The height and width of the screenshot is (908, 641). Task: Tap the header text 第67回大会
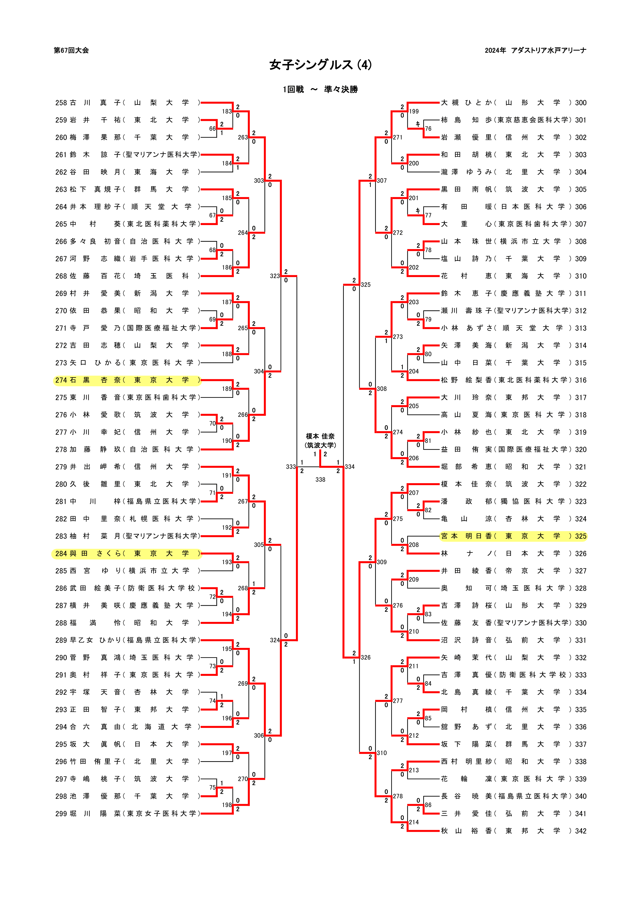coord(71,50)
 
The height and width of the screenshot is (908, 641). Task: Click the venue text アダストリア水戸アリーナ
coord(548,50)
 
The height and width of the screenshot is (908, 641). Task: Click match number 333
coord(291,467)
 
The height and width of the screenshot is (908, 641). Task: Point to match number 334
coord(350,467)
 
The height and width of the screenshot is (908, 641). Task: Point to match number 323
coord(275,276)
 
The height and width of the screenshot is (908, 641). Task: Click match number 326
coord(365,657)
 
